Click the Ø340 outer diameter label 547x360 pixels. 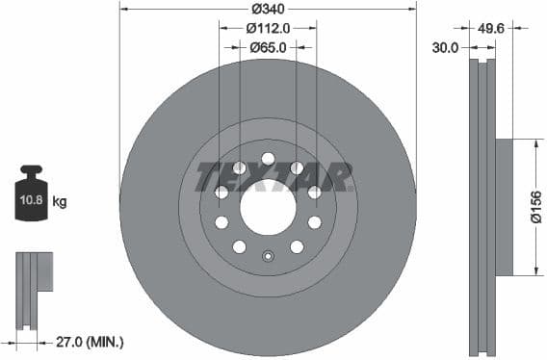pos(268,9)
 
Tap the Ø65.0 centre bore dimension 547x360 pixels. pos(268,46)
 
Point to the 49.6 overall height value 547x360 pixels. pos(491,29)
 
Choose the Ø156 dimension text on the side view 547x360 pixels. pos(535,207)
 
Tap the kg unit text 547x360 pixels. pos(60,202)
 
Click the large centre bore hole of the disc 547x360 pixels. pos(268,207)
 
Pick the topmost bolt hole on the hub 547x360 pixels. pos(268,159)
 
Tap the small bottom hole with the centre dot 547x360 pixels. pos(268,256)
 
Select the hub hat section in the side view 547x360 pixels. pos(504,207)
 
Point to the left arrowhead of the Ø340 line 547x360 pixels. pos(123,9)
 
